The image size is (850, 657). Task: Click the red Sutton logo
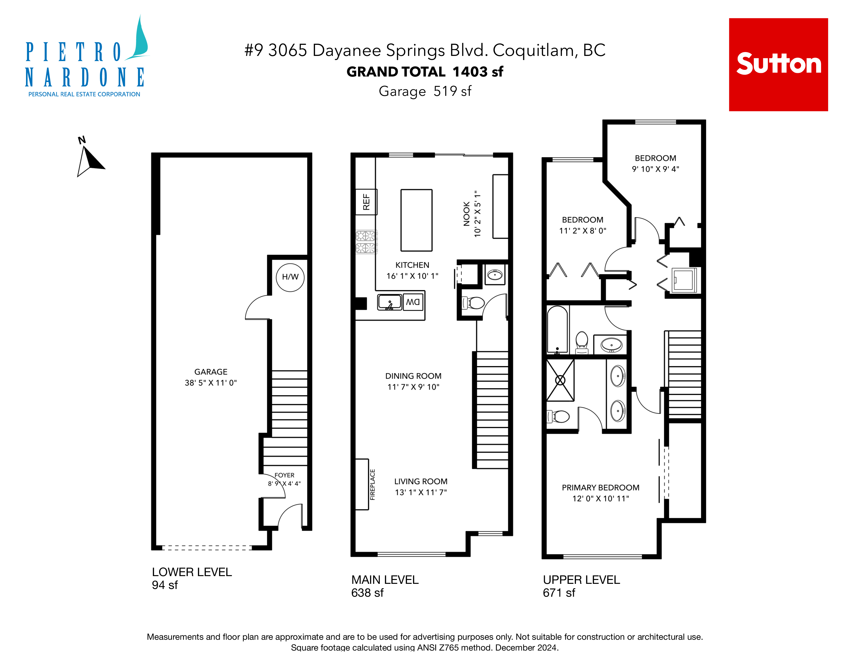(778, 65)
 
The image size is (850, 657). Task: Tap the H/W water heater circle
(290, 277)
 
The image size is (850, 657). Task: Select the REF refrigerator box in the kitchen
(366, 202)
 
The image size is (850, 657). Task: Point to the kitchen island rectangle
(416, 220)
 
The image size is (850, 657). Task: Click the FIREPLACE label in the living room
(372, 485)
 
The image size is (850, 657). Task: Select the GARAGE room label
(211, 372)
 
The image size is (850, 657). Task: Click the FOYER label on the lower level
(285, 475)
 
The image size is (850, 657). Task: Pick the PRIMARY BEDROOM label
(600, 488)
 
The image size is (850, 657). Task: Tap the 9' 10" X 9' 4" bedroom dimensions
(656, 169)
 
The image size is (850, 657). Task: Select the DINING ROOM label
(413, 376)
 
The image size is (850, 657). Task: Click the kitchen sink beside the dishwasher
(389, 302)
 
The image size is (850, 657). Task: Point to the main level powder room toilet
(473, 303)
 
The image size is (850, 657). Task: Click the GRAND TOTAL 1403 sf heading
(425, 72)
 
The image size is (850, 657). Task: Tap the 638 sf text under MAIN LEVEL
(367, 593)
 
